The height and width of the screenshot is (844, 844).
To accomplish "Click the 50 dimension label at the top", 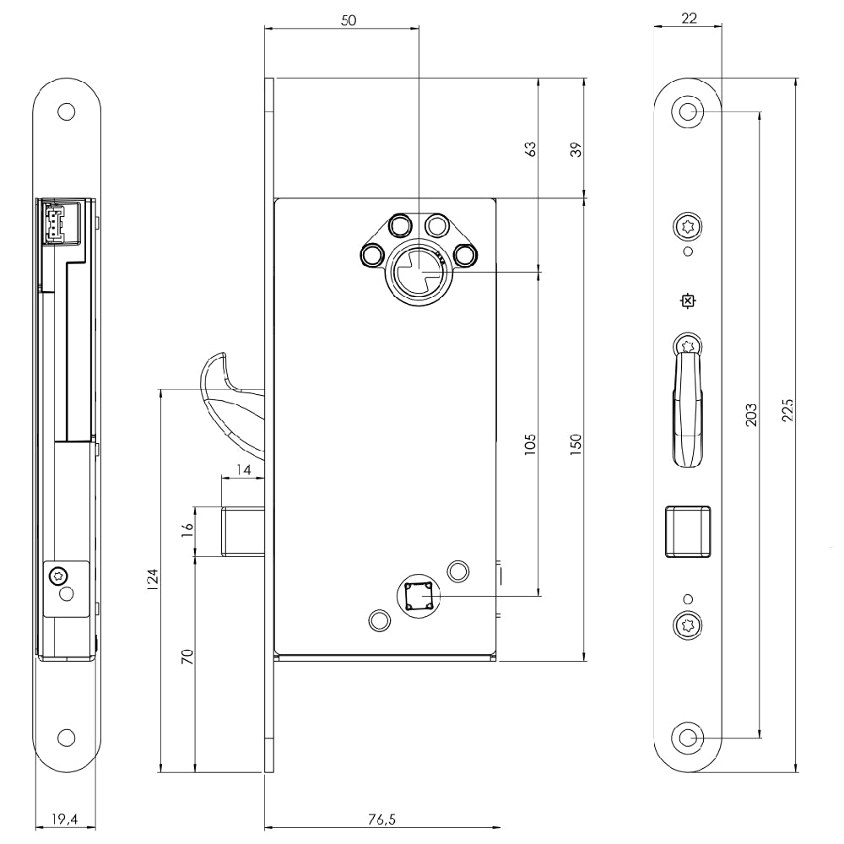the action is tap(349, 20).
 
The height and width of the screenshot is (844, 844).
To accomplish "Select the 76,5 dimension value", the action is tap(381, 820).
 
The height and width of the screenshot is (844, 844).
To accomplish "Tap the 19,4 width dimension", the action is tap(65, 820).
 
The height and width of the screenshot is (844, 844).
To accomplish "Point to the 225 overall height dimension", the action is tap(787, 410).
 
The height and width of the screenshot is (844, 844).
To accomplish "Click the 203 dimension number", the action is tap(751, 415).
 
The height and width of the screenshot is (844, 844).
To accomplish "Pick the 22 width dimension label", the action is tap(689, 19).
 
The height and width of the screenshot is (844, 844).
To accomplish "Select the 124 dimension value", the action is tap(153, 581).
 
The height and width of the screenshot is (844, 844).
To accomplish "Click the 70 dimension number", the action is tap(187, 657).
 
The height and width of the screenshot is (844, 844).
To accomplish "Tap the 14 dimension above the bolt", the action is tap(244, 470).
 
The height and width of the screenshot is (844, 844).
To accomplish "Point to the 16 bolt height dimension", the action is tap(187, 530).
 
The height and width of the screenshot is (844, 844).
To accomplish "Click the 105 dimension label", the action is tap(530, 445).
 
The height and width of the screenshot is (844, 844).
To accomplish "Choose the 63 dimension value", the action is tap(530, 149).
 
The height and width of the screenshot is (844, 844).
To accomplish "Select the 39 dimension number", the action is tap(576, 149).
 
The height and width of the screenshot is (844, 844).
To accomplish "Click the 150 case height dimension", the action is tap(576, 445).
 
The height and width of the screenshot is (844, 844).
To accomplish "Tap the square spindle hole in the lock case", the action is tap(419, 596).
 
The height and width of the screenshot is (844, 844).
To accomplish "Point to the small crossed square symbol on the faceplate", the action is tap(687, 301).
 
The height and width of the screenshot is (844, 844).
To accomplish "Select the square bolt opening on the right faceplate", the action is tap(687, 531).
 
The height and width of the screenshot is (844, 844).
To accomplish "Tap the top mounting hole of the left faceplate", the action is tap(66, 112).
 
